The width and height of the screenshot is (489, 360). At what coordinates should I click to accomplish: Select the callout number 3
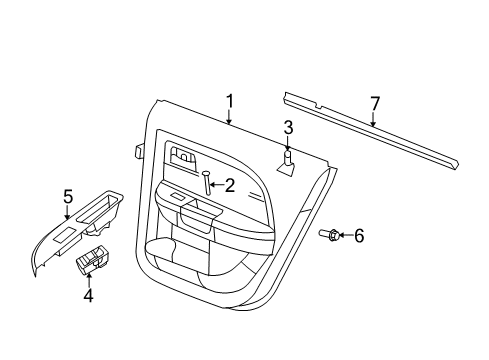coord(287,127)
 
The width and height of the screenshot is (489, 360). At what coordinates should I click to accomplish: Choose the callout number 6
coord(360,236)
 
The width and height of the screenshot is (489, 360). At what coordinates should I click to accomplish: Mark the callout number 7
coord(375,104)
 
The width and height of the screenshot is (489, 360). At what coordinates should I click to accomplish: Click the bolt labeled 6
coord(328,235)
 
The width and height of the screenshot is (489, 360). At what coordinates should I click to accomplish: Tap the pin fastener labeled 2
coord(207,184)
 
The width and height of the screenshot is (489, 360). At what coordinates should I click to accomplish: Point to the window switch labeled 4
coord(95,261)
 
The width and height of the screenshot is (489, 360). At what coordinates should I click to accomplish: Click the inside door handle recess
coord(184,155)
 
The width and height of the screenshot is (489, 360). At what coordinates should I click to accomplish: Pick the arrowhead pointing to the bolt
coord(342,236)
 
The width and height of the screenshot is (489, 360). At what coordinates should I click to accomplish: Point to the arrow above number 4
coord(88,276)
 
